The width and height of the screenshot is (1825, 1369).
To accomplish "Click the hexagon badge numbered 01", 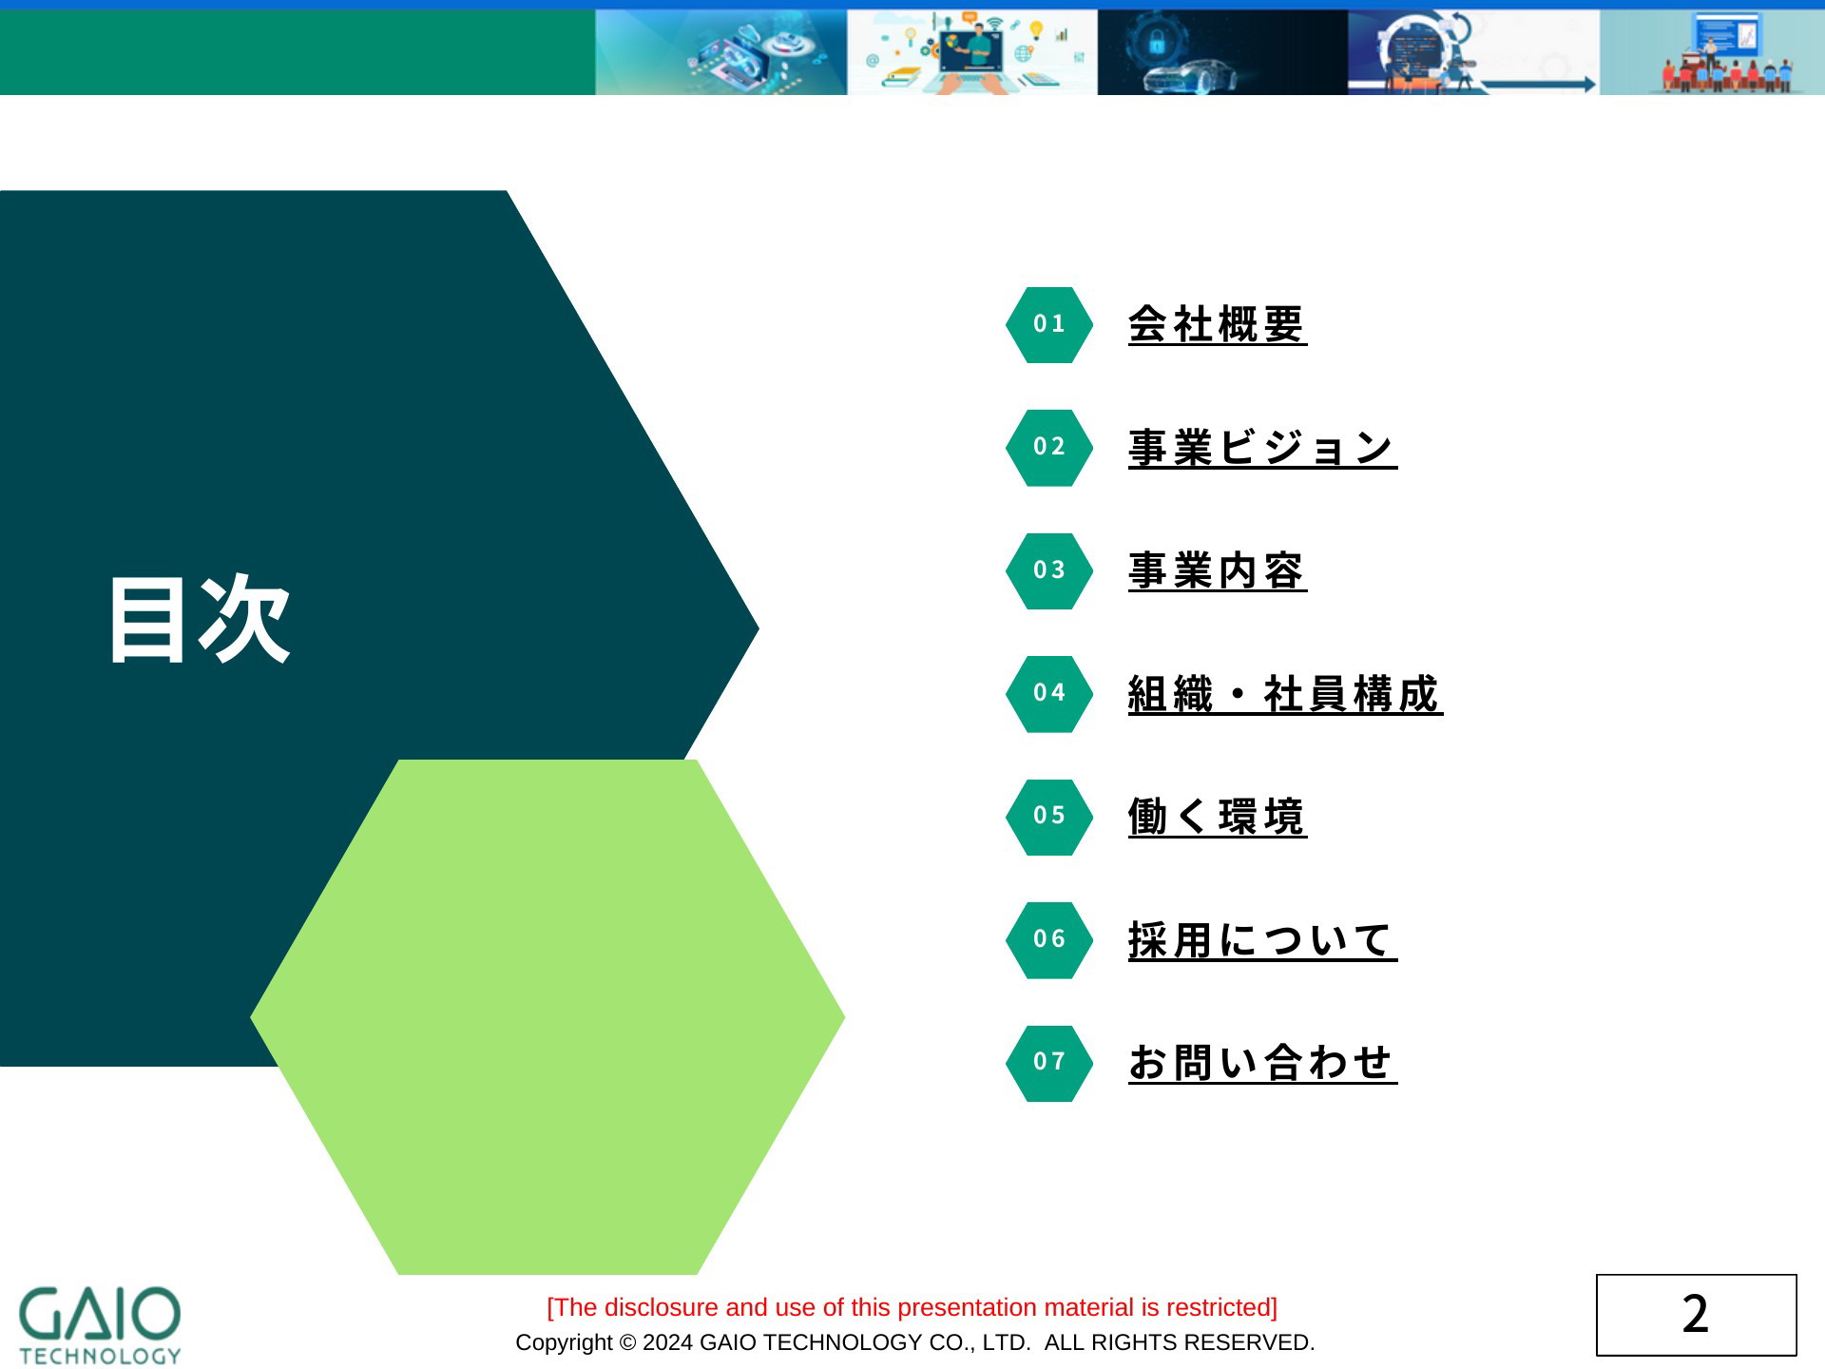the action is click(x=1049, y=325).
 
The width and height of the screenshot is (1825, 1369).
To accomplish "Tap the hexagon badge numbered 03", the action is click(x=1049, y=571).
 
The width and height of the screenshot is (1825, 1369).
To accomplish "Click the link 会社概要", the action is click(x=1217, y=325).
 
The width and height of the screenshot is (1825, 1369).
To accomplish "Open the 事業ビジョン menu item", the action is click(x=1262, y=448).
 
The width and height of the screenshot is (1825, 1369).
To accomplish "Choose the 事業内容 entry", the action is click(x=1217, y=571).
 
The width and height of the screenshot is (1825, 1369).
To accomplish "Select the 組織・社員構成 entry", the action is click(x=1285, y=694).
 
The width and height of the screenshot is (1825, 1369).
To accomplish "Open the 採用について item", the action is click(x=1262, y=940).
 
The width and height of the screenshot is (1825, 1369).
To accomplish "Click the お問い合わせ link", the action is click(x=1262, y=1063).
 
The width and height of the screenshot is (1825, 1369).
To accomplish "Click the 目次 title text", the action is click(x=200, y=620).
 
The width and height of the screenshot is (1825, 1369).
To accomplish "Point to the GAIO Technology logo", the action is click(x=100, y=1326).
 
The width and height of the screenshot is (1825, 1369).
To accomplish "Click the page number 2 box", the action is click(x=1696, y=1315).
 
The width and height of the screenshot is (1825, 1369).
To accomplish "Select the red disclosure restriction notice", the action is click(x=912, y=1307).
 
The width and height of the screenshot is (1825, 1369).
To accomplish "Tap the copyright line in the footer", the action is click(x=914, y=1342).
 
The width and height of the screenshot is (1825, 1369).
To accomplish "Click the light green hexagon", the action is click(x=547, y=1017).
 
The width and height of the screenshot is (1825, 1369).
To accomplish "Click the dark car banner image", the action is click(x=1222, y=52).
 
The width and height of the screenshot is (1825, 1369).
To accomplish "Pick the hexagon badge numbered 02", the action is click(x=1049, y=448).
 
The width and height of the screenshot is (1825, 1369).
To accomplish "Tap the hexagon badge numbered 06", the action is click(x=1049, y=940).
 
